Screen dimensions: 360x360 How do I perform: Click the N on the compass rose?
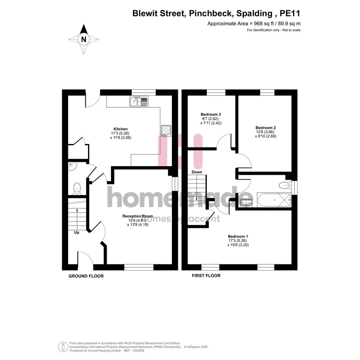pyautogui.click(x=84, y=40)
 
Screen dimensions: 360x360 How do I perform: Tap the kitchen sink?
pyautogui.click(x=139, y=101)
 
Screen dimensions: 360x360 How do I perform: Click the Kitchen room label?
pyautogui.click(x=120, y=129)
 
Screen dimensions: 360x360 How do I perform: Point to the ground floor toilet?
pyautogui.click(x=77, y=189)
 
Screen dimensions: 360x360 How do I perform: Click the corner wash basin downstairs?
pyautogui.click(x=73, y=166)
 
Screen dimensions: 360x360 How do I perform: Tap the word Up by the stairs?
pyautogui.click(x=77, y=233)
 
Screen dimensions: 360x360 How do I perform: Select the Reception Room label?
pyautogui.click(x=138, y=216)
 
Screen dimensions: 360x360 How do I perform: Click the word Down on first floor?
pyautogui.click(x=197, y=172)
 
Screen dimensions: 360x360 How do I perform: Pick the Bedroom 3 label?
pyautogui.click(x=211, y=114)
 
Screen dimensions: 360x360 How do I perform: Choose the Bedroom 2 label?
pyautogui.click(x=266, y=128)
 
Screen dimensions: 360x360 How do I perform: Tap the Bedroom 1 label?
pyautogui.click(x=238, y=237)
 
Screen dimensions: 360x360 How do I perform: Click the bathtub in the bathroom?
pyautogui.click(x=274, y=200)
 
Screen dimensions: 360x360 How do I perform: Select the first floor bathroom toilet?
pyautogui.click(x=285, y=185)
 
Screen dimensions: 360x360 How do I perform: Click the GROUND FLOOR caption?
pyautogui.click(x=86, y=276)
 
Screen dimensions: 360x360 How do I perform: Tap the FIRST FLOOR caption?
pyautogui.click(x=206, y=275)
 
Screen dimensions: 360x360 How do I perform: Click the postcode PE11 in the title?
pyautogui.click(x=290, y=13)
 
